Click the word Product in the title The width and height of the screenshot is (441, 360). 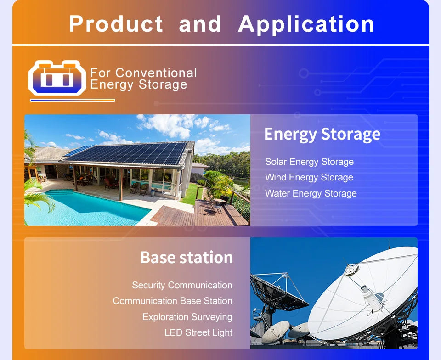tap(116, 24)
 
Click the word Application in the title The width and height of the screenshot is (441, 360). tap(306, 24)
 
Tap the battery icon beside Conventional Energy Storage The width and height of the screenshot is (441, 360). tap(57, 78)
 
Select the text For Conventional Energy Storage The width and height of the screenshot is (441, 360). tap(143, 79)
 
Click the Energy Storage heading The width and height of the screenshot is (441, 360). tap(322, 134)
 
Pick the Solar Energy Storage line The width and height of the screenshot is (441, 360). tap(309, 162)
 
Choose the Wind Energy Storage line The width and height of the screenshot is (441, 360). tap(309, 177)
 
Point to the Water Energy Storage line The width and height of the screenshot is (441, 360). tap(311, 193)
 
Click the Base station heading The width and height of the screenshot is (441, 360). tap(186, 257)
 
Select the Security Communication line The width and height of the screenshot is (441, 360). tap(182, 285)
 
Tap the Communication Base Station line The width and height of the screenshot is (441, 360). tap(172, 301)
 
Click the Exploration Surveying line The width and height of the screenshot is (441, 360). tap(187, 317)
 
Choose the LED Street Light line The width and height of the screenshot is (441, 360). tap(198, 332)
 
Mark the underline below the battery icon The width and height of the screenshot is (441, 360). tap(72, 100)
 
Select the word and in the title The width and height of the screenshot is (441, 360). tap(200, 24)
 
